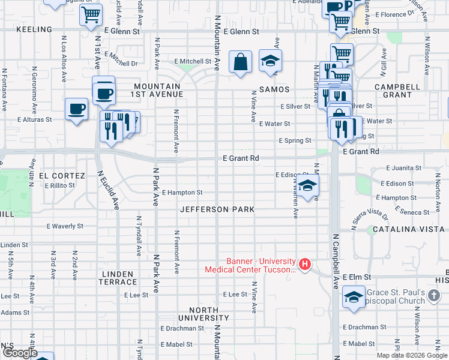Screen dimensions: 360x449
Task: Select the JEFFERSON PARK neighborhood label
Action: click(217, 209)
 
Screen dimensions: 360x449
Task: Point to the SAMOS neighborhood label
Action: click(274, 89)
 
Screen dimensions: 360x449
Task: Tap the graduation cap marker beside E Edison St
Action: click(307, 185)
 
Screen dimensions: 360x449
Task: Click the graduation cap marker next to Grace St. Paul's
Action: click(354, 296)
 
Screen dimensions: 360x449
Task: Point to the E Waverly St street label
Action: click(65, 226)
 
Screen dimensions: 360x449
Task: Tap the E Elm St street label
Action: click(358, 277)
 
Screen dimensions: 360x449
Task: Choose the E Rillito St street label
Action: click(59, 185)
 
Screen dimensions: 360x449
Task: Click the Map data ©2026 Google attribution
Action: click(411, 355)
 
